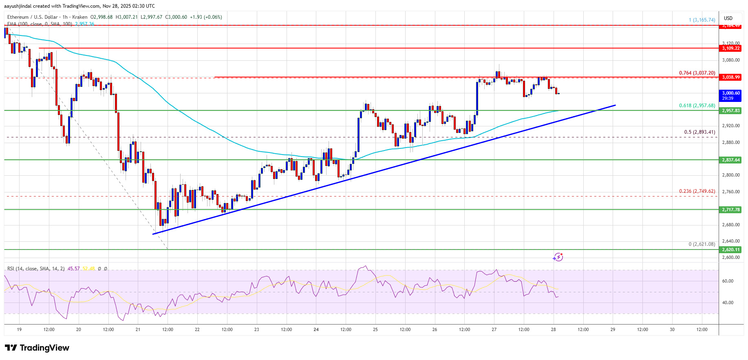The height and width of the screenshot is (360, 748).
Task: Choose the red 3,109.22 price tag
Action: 730,48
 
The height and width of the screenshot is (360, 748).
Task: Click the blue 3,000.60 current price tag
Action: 730,95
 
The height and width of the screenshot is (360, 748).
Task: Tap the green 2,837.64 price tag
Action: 730,160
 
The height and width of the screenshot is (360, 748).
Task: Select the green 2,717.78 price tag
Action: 730,210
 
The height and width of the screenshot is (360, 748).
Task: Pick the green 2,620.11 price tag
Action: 730,250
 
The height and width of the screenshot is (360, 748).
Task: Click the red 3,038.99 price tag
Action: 730,77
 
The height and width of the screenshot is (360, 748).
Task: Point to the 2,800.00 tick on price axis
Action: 730,175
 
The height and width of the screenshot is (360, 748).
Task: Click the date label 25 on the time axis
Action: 375,329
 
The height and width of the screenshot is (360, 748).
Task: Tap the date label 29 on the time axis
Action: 613,329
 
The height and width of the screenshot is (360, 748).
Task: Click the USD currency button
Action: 728,18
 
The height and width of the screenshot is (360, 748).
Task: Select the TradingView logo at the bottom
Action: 37,348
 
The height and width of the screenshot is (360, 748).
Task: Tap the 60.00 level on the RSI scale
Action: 728,281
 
